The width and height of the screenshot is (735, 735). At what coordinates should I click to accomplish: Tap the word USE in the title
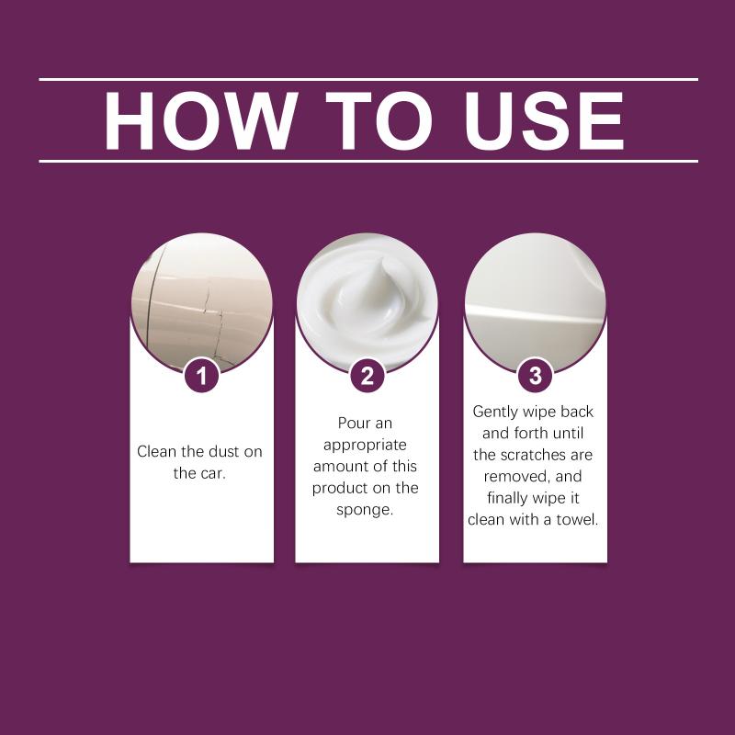click(x=544, y=121)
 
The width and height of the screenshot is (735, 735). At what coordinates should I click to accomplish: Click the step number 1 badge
click(x=201, y=376)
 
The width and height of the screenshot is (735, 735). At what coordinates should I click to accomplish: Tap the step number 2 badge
click(x=367, y=376)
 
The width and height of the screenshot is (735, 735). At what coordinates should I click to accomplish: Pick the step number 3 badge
click(x=535, y=376)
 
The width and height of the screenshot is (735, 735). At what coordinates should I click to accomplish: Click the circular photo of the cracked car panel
click(x=202, y=304)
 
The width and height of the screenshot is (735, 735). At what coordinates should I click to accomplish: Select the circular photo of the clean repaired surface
click(x=536, y=304)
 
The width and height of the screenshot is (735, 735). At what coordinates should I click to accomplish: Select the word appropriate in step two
click(x=365, y=446)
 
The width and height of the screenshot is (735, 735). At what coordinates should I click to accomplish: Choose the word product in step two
click(x=341, y=489)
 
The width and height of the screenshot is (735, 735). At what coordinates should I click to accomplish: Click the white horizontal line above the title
click(x=368, y=80)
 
